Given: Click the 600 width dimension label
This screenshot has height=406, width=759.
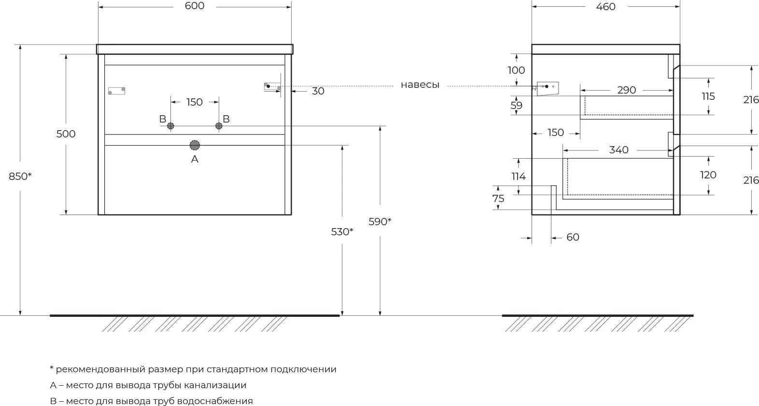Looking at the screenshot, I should (195, 6).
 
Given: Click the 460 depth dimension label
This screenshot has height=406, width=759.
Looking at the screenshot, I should (606, 7).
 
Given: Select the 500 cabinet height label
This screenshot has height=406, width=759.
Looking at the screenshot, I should (66, 134).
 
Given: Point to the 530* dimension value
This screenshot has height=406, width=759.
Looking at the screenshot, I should (342, 232).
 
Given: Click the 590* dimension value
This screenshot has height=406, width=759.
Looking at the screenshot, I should (380, 222).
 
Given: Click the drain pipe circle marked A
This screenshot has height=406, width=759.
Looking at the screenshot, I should (195, 145).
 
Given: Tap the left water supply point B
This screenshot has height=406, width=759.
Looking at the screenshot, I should (170, 126).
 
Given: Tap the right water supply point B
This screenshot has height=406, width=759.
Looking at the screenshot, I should (219, 126).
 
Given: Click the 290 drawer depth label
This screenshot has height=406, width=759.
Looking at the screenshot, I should (627, 90).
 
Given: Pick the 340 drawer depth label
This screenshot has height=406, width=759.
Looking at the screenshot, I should (618, 150).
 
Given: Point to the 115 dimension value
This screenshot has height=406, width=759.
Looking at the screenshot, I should (708, 96).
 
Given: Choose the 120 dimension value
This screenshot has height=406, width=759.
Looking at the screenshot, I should (708, 175).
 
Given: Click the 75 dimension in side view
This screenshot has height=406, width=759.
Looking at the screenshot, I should (498, 198).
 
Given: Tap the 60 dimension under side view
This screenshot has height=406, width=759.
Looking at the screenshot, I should (573, 237).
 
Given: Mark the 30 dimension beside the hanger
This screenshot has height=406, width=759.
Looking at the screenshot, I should (318, 91).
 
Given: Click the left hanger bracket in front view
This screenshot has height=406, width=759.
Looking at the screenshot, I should (116, 91).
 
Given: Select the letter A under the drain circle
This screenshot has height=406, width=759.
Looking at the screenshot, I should (195, 159).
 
